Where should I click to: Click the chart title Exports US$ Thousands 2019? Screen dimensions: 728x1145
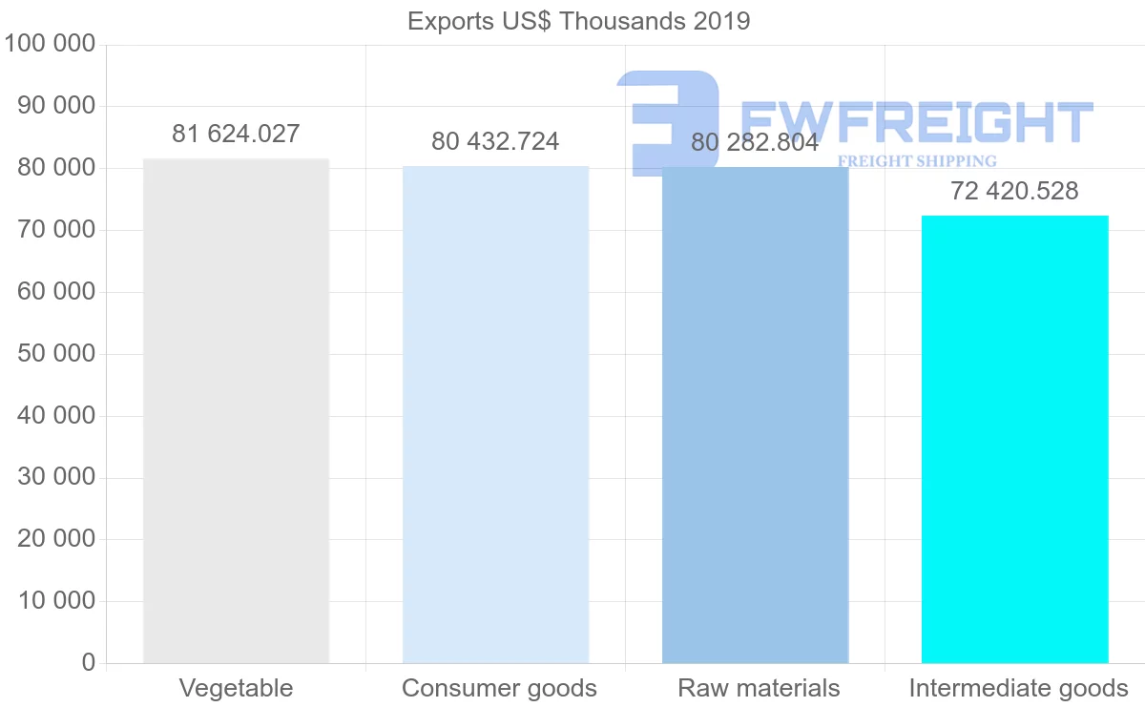578,21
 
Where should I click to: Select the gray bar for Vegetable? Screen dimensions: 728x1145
236,410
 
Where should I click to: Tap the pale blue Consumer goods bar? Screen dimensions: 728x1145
495,414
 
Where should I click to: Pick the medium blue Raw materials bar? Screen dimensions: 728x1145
755,415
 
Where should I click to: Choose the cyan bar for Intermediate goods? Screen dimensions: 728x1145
1014,439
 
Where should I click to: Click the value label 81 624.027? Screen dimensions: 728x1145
236,135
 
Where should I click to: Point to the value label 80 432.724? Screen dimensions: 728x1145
495,142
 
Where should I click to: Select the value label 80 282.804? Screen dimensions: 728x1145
755,143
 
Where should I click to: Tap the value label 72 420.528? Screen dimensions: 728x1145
1014,192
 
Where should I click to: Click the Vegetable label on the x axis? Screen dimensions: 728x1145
236,688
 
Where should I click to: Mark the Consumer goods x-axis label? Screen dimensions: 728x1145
499,688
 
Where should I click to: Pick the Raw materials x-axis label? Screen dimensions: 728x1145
759,688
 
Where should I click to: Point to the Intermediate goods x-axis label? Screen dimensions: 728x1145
1018,688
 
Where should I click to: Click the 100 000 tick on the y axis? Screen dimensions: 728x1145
51,44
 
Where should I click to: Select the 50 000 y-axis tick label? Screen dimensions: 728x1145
57,354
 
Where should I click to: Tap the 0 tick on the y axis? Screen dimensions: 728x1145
89,662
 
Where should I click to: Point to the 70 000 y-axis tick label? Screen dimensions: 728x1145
57,230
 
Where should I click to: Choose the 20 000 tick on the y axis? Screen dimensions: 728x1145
57,539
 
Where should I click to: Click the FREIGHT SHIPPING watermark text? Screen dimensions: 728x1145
916,161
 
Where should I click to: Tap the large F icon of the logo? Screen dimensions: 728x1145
668,119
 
